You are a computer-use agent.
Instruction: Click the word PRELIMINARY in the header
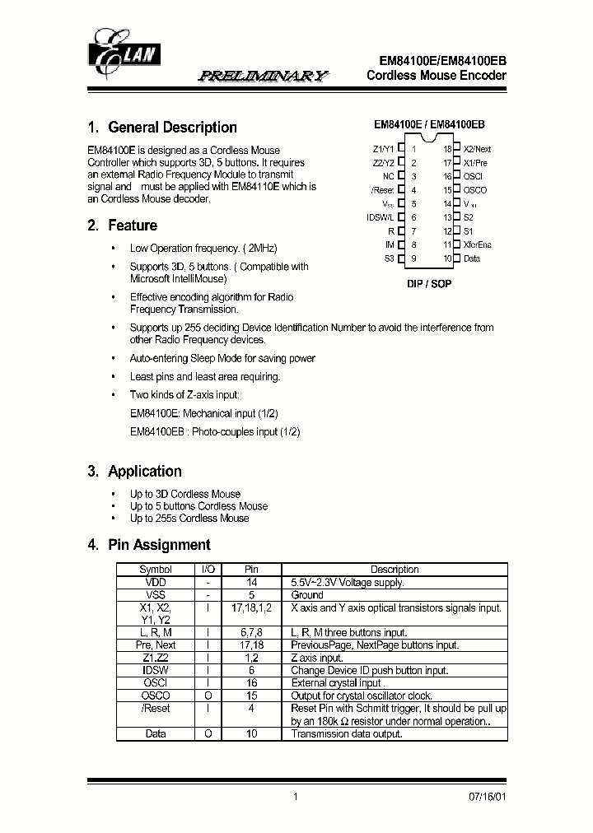point(263,76)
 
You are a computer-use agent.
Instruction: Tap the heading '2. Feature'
point(122,226)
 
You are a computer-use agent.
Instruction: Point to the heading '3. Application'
point(134,472)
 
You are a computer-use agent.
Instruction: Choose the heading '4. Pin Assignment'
point(148,545)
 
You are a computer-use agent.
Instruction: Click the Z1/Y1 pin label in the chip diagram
point(383,150)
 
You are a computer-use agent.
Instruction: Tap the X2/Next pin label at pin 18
point(477,150)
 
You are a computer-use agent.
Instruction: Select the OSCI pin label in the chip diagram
point(473,177)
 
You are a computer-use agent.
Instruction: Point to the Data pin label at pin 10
point(472,258)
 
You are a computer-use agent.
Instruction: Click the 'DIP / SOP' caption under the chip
point(429,283)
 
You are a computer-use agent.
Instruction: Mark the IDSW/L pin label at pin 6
point(380,217)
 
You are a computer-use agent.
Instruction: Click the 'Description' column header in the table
point(395,570)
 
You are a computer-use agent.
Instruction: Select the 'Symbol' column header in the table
point(155,570)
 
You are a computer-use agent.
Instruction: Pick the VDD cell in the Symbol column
point(155,582)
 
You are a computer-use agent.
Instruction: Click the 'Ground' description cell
point(307,594)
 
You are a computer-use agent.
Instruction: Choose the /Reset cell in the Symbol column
point(155,708)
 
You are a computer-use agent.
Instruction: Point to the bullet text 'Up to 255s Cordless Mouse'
point(189,518)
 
